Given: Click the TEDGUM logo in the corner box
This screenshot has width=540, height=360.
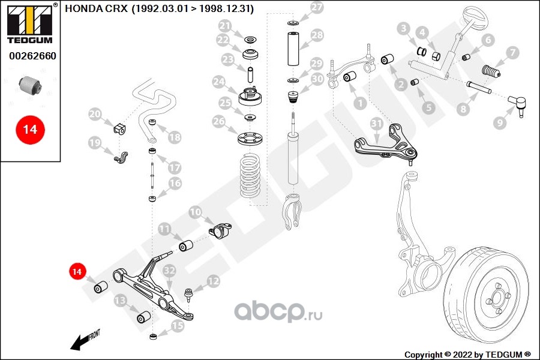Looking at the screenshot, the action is (x=30, y=23).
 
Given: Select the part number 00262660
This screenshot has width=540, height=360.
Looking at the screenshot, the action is (x=32, y=56).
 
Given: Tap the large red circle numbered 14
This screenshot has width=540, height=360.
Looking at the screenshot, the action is (x=30, y=130).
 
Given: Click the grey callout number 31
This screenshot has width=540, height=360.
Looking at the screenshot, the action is (x=377, y=124).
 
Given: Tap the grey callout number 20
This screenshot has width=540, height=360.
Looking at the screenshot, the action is (x=95, y=113).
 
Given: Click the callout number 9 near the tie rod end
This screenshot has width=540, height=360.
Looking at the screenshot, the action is (x=500, y=122).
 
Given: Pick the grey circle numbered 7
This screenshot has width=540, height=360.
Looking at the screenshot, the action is (x=513, y=52).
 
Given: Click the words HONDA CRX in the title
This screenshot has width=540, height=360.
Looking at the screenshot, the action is (x=96, y=8).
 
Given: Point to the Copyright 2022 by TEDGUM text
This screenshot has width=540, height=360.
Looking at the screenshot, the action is (x=467, y=355).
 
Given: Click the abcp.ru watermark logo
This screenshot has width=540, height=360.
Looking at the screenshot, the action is (x=278, y=311).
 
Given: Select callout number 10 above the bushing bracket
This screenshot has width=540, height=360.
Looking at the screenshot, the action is (x=195, y=212).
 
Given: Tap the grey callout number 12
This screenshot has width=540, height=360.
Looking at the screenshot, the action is (x=213, y=281).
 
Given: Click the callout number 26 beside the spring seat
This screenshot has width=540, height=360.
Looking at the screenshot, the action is (x=219, y=121).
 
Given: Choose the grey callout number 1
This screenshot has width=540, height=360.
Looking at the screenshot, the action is (x=360, y=103).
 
